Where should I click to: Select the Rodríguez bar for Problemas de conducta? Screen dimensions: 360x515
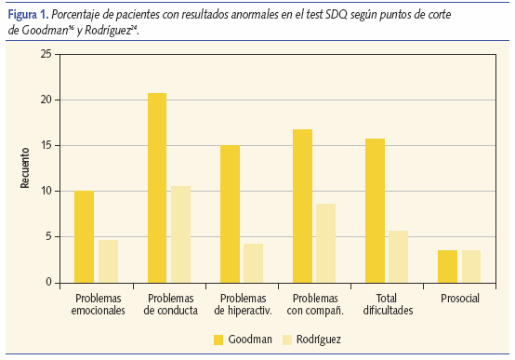tap(180, 233)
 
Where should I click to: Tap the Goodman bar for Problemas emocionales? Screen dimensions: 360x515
tap(84, 236)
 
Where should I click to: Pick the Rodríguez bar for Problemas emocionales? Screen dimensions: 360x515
tap(108, 260)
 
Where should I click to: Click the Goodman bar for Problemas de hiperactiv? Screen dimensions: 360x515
tap(230, 213)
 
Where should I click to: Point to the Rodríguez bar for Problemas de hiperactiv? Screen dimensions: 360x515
tap(253, 262)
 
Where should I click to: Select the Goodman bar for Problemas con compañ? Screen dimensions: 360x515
tap(302, 206)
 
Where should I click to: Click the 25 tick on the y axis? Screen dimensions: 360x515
tap(45, 54)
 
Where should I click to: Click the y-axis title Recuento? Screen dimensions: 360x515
tap(25, 168)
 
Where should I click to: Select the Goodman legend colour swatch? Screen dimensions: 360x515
tap(219, 339)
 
